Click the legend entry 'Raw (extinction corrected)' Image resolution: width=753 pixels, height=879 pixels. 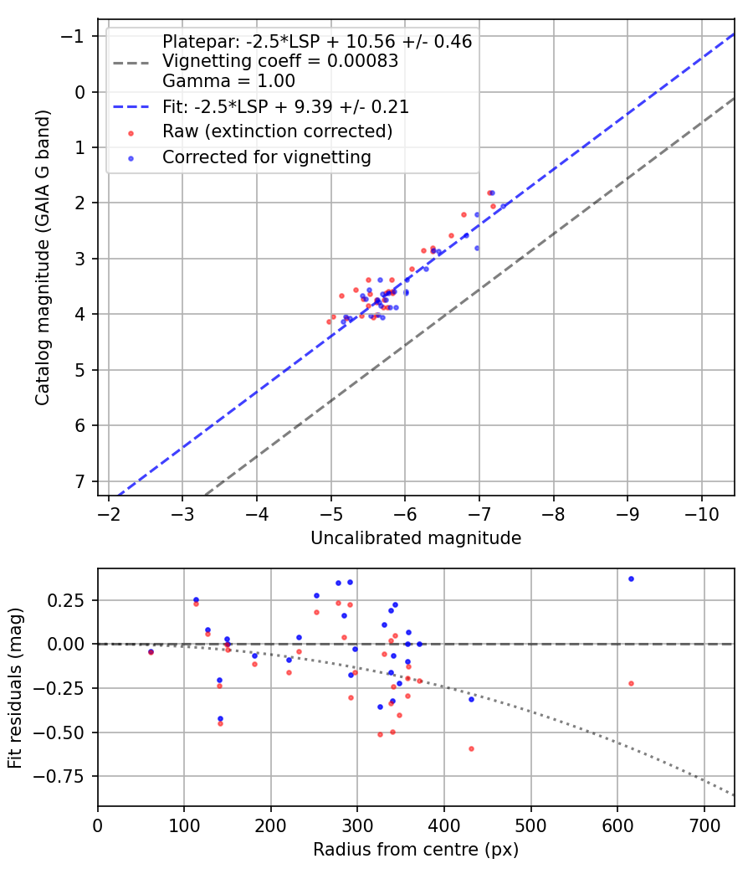click(277, 131)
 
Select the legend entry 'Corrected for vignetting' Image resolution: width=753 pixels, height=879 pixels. click(267, 157)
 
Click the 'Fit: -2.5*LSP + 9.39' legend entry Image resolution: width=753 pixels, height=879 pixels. click(285, 107)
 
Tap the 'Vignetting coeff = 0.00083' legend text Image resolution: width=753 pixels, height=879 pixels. click(280, 61)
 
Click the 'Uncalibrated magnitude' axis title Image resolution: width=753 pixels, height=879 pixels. click(416, 538)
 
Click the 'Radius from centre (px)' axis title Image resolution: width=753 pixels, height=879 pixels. click(416, 850)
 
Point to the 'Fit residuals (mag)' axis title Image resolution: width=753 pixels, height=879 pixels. click(14, 687)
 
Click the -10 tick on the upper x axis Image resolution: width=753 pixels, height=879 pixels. click(701, 516)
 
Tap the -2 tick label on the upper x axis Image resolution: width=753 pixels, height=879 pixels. click(108, 516)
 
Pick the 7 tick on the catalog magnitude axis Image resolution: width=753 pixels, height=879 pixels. click(79, 481)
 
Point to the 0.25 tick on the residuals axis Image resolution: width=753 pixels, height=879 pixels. click(70, 600)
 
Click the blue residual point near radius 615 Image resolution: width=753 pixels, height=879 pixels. click(631, 578)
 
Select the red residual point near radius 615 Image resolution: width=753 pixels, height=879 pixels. click(631, 683)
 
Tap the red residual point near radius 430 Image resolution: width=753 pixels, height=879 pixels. click(471, 748)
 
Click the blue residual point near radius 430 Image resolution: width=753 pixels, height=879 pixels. click(471, 698)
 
